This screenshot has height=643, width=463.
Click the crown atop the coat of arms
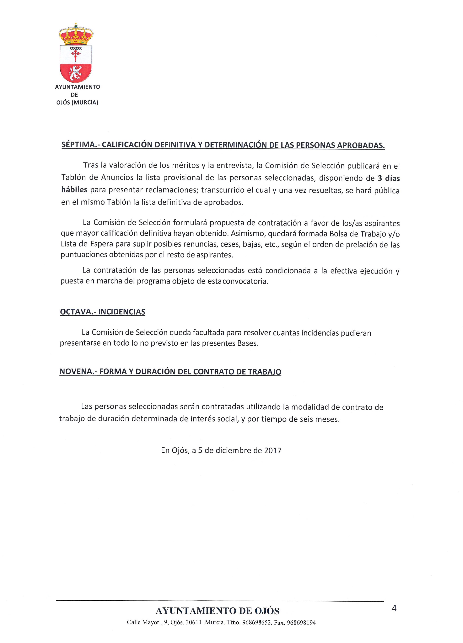76,34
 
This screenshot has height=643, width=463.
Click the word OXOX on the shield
76,48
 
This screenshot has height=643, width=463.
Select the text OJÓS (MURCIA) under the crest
77,103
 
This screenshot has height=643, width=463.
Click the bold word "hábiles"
74,190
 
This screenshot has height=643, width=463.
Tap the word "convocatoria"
245,282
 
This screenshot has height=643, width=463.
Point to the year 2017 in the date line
273,450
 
